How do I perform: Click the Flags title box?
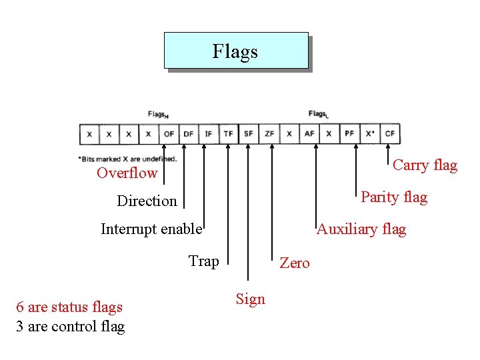click(236, 51)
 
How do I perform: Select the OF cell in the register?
click(169, 134)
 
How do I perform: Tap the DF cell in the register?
click(189, 134)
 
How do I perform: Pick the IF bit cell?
click(209, 134)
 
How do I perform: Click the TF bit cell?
click(229, 134)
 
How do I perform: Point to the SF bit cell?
click(249, 134)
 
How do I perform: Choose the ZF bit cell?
click(269, 134)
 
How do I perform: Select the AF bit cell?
click(309, 134)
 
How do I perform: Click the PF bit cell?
click(349, 134)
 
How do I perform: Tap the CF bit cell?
click(390, 134)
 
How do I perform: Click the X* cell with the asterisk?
click(370, 134)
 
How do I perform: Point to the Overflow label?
click(127, 173)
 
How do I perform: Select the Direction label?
click(147, 201)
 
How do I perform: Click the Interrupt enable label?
click(151, 229)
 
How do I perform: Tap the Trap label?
click(203, 261)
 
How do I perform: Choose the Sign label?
click(250, 299)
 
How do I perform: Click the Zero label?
click(295, 263)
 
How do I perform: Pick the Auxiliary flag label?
click(361, 229)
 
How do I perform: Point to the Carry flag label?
click(425, 165)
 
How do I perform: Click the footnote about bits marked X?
click(127, 159)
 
